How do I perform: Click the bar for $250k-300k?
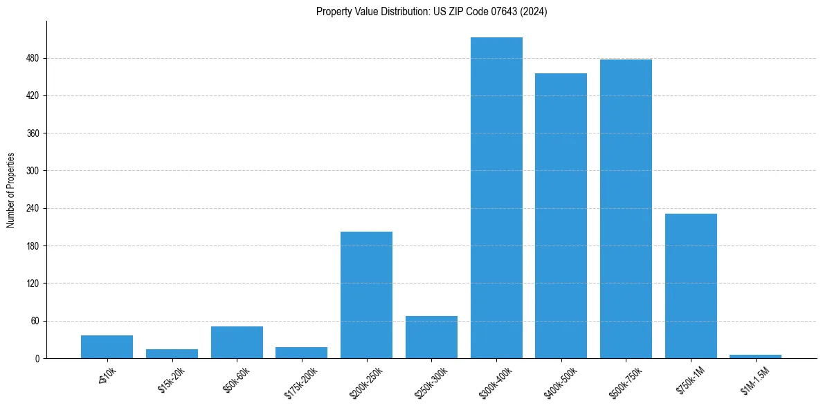point(431,337)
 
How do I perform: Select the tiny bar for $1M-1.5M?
point(755,356)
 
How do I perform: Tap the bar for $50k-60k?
point(237,342)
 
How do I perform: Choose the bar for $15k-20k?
point(172,353)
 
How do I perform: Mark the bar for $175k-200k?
point(301,353)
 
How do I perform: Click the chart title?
point(431,12)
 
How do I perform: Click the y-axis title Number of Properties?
point(11,189)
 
